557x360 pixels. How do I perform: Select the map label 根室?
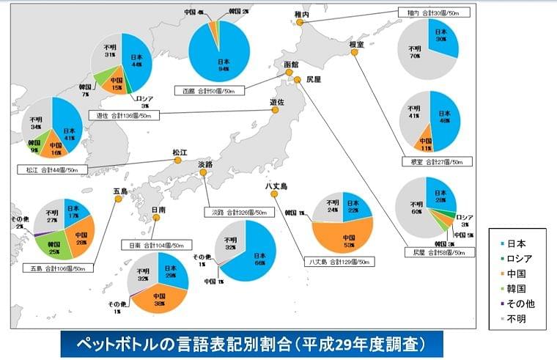pos(356,45)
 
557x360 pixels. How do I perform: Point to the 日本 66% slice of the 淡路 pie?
pos(257,257)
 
